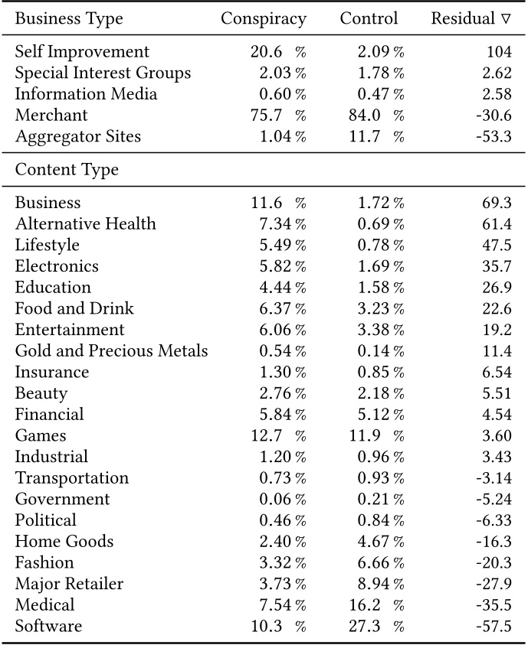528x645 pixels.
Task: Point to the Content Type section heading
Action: (x=67, y=170)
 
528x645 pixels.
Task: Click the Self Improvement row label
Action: (x=82, y=52)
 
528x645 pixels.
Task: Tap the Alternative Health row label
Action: (x=85, y=224)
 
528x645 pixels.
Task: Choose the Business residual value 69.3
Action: (x=496, y=203)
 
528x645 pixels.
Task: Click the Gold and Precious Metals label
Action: (x=111, y=351)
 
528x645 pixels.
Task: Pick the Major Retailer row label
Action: (x=69, y=584)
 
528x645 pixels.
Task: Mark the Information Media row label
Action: (x=86, y=94)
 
